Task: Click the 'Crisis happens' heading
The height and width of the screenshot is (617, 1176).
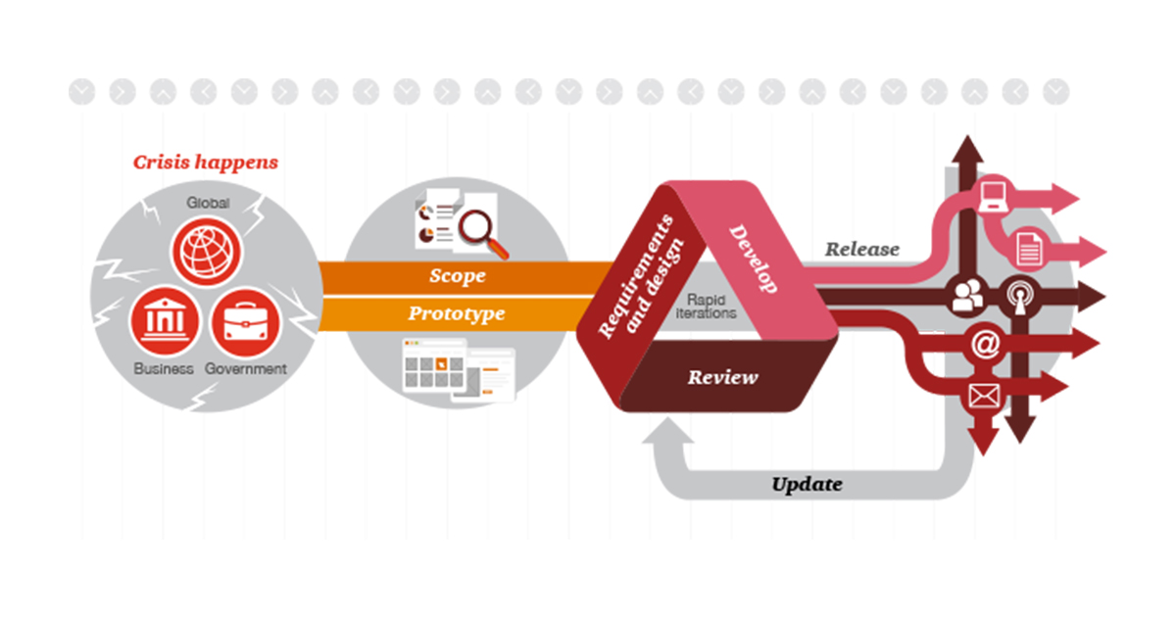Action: pyautogui.click(x=205, y=163)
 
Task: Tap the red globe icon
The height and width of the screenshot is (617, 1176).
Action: pyautogui.click(x=207, y=252)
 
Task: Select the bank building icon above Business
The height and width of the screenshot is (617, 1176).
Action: pyautogui.click(x=165, y=320)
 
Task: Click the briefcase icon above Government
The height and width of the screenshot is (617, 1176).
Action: pyautogui.click(x=246, y=322)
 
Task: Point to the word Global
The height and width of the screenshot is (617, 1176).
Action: pyautogui.click(x=208, y=203)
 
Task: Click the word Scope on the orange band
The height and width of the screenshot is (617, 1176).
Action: pyautogui.click(x=458, y=276)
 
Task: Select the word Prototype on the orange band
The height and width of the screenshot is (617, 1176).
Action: pyautogui.click(x=457, y=313)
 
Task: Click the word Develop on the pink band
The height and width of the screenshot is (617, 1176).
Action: pyautogui.click(x=753, y=259)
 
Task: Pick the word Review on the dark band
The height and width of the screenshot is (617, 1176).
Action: pyautogui.click(x=723, y=377)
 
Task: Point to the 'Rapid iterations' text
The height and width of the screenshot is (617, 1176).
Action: pyautogui.click(x=707, y=307)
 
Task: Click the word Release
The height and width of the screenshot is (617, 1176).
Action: pyautogui.click(x=862, y=249)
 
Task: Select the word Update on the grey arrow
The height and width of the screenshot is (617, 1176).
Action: pyautogui.click(x=807, y=484)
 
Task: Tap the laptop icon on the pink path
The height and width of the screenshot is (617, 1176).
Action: pyautogui.click(x=993, y=196)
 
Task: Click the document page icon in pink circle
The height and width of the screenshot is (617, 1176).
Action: pyautogui.click(x=1028, y=249)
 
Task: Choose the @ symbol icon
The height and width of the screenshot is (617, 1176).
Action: pyautogui.click(x=986, y=344)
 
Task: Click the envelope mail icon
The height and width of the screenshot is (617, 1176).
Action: pyautogui.click(x=984, y=396)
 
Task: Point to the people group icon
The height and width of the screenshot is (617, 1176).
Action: pyautogui.click(x=967, y=296)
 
